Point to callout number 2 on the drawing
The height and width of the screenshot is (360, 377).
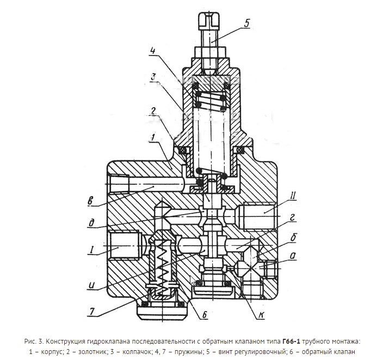154,112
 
